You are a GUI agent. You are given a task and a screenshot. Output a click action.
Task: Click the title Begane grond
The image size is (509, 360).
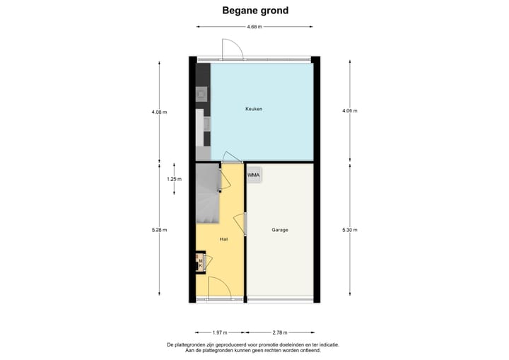coord(255,10)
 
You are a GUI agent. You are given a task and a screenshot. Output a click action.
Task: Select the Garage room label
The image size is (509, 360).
coord(280,230)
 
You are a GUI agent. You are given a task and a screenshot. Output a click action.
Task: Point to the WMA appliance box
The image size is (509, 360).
coord(253,174)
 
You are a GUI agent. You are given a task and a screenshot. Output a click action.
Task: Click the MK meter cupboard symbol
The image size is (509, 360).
coord(201,264)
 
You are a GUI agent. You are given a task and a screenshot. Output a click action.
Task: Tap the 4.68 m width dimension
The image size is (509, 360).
coord(255,27)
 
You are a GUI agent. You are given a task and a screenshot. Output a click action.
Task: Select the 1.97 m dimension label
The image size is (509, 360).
coord(220,331)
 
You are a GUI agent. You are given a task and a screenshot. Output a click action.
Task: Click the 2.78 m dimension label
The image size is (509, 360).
coord(281,331)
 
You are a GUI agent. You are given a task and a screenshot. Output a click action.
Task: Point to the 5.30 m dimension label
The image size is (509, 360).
coord(349,230)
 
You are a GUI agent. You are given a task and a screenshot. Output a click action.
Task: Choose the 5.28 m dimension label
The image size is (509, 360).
coord(158,230)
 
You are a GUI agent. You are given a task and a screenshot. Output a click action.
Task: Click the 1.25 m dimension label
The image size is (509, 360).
coord(174,179)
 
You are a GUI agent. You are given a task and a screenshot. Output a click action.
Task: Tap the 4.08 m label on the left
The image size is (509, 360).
coord(158,111)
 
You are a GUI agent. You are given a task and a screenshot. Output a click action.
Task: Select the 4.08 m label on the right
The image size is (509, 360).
coord(349,111)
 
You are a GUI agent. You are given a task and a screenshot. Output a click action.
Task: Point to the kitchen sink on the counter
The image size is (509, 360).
coord(201,93)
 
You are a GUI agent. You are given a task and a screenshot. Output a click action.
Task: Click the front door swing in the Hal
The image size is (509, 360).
coord(217,288)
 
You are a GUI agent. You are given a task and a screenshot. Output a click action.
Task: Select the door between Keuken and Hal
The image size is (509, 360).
coord(231,157)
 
